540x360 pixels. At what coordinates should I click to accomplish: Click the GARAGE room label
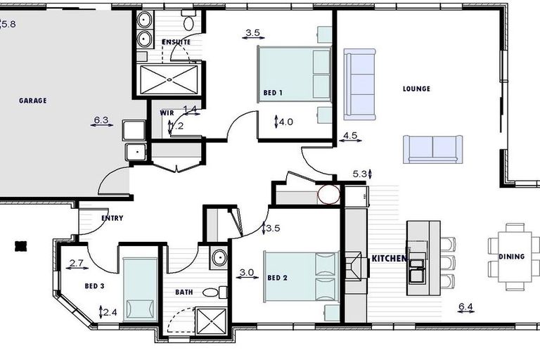pyautogui.click(x=32, y=101)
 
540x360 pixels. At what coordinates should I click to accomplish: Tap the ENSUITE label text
pyautogui.click(x=176, y=42)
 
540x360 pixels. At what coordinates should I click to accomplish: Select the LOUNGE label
pyautogui.click(x=416, y=89)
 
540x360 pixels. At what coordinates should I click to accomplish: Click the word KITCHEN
pyautogui.click(x=389, y=259)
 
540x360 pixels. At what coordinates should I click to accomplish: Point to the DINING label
pyautogui.click(x=511, y=257)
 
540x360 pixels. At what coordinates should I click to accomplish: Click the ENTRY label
pyautogui.click(x=112, y=218)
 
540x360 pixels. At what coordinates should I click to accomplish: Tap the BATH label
pyautogui.click(x=184, y=291)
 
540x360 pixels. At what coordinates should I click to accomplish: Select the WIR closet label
pyautogui.click(x=167, y=112)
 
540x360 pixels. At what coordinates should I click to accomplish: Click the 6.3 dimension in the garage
pyautogui.click(x=101, y=120)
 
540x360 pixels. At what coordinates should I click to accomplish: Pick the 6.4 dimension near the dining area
pyautogui.click(x=465, y=306)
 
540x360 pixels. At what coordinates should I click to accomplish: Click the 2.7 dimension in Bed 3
pyautogui.click(x=77, y=264)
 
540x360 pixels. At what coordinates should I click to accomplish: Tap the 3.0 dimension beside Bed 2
pyautogui.click(x=246, y=272)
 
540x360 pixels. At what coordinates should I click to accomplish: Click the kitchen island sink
pyautogui.click(x=418, y=265)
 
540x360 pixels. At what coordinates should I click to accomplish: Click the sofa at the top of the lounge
pyautogui.click(x=359, y=75)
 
